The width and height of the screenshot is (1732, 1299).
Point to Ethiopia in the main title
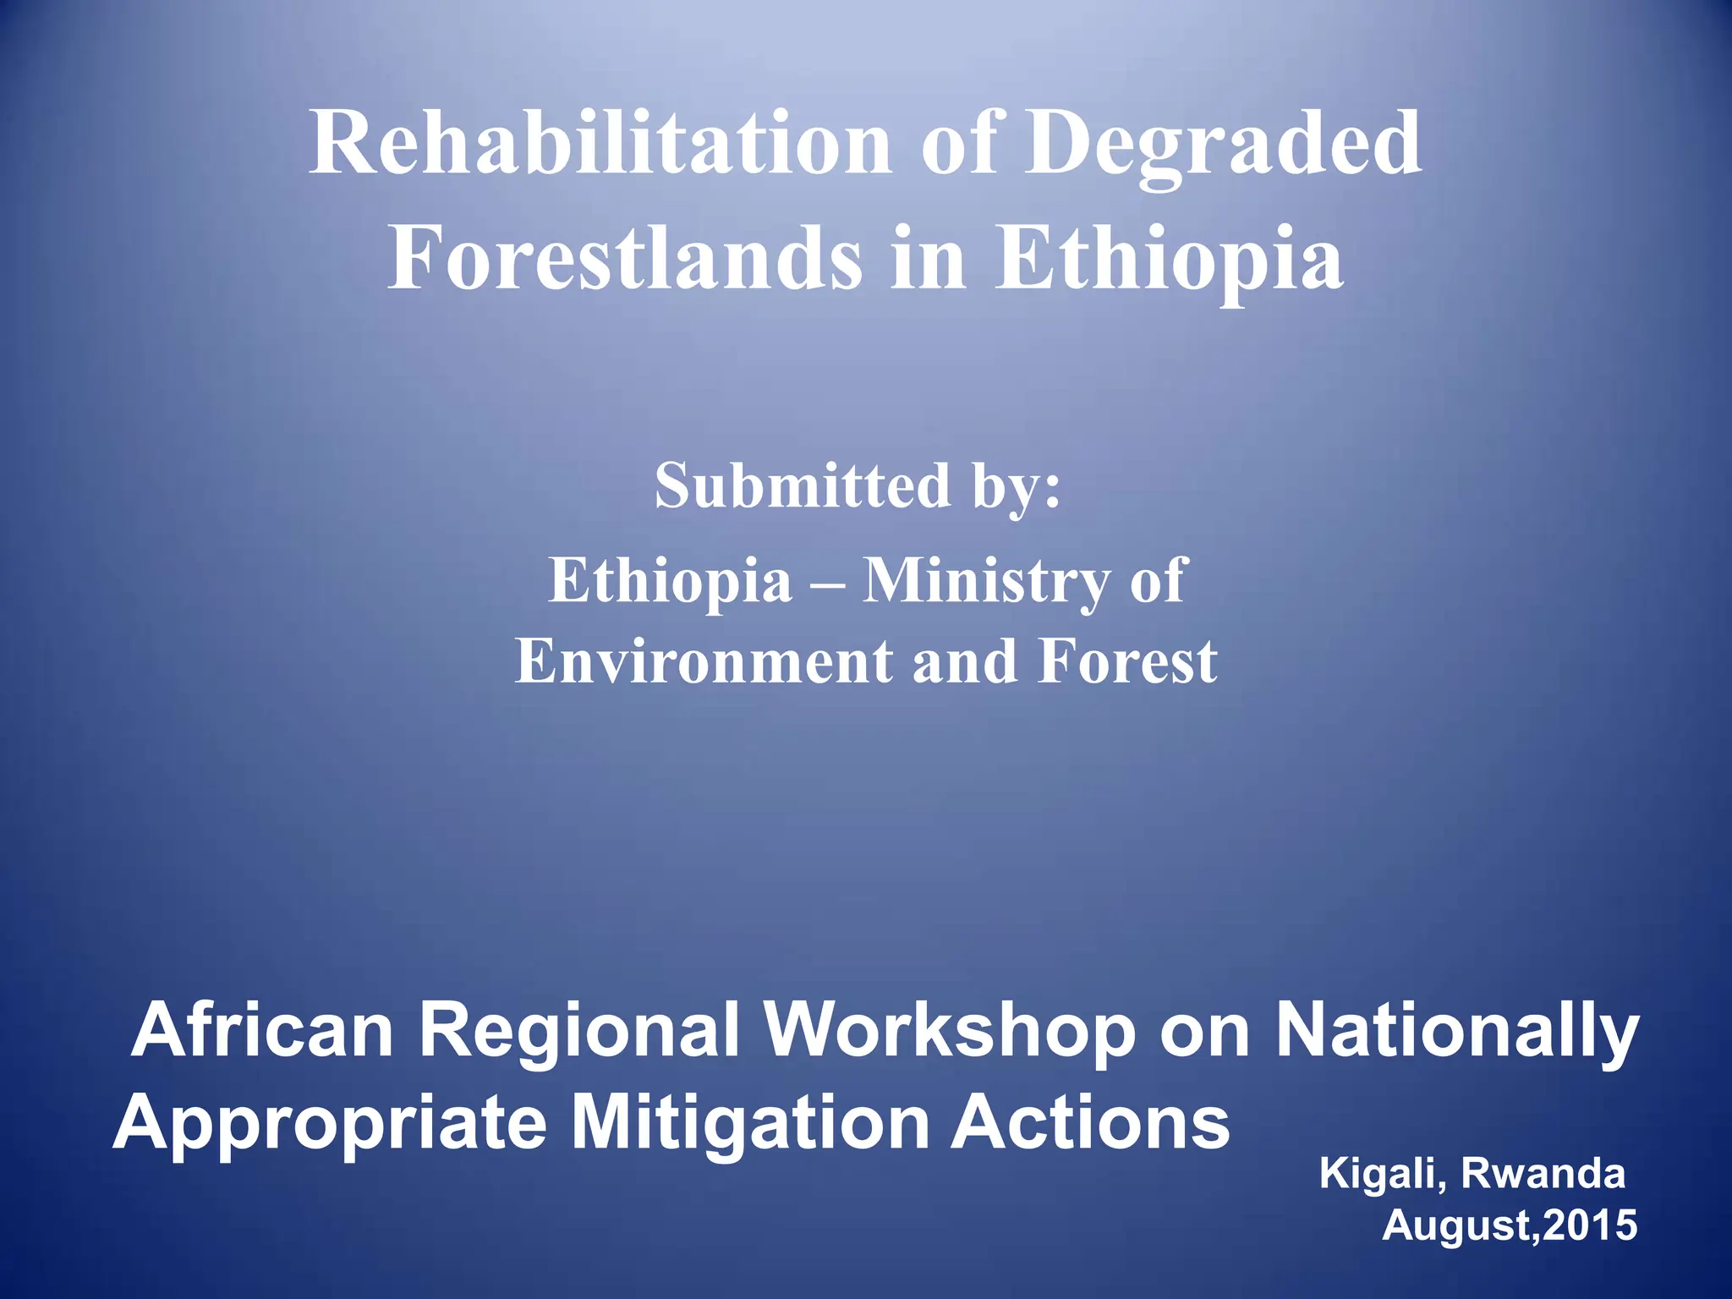pyautogui.click(x=1169, y=258)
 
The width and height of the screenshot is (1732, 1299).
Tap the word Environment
pyautogui.click(x=702, y=660)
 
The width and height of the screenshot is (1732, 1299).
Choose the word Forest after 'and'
pyautogui.click(x=1128, y=660)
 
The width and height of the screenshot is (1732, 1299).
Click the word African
pyautogui.click(x=263, y=1030)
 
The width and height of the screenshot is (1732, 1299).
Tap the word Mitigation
pyautogui.click(x=748, y=1123)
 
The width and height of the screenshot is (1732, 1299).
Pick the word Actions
pyautogui.click(x=1091, y=1121)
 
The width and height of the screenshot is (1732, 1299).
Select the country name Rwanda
pyautogui.click(x=1543, y=1173)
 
